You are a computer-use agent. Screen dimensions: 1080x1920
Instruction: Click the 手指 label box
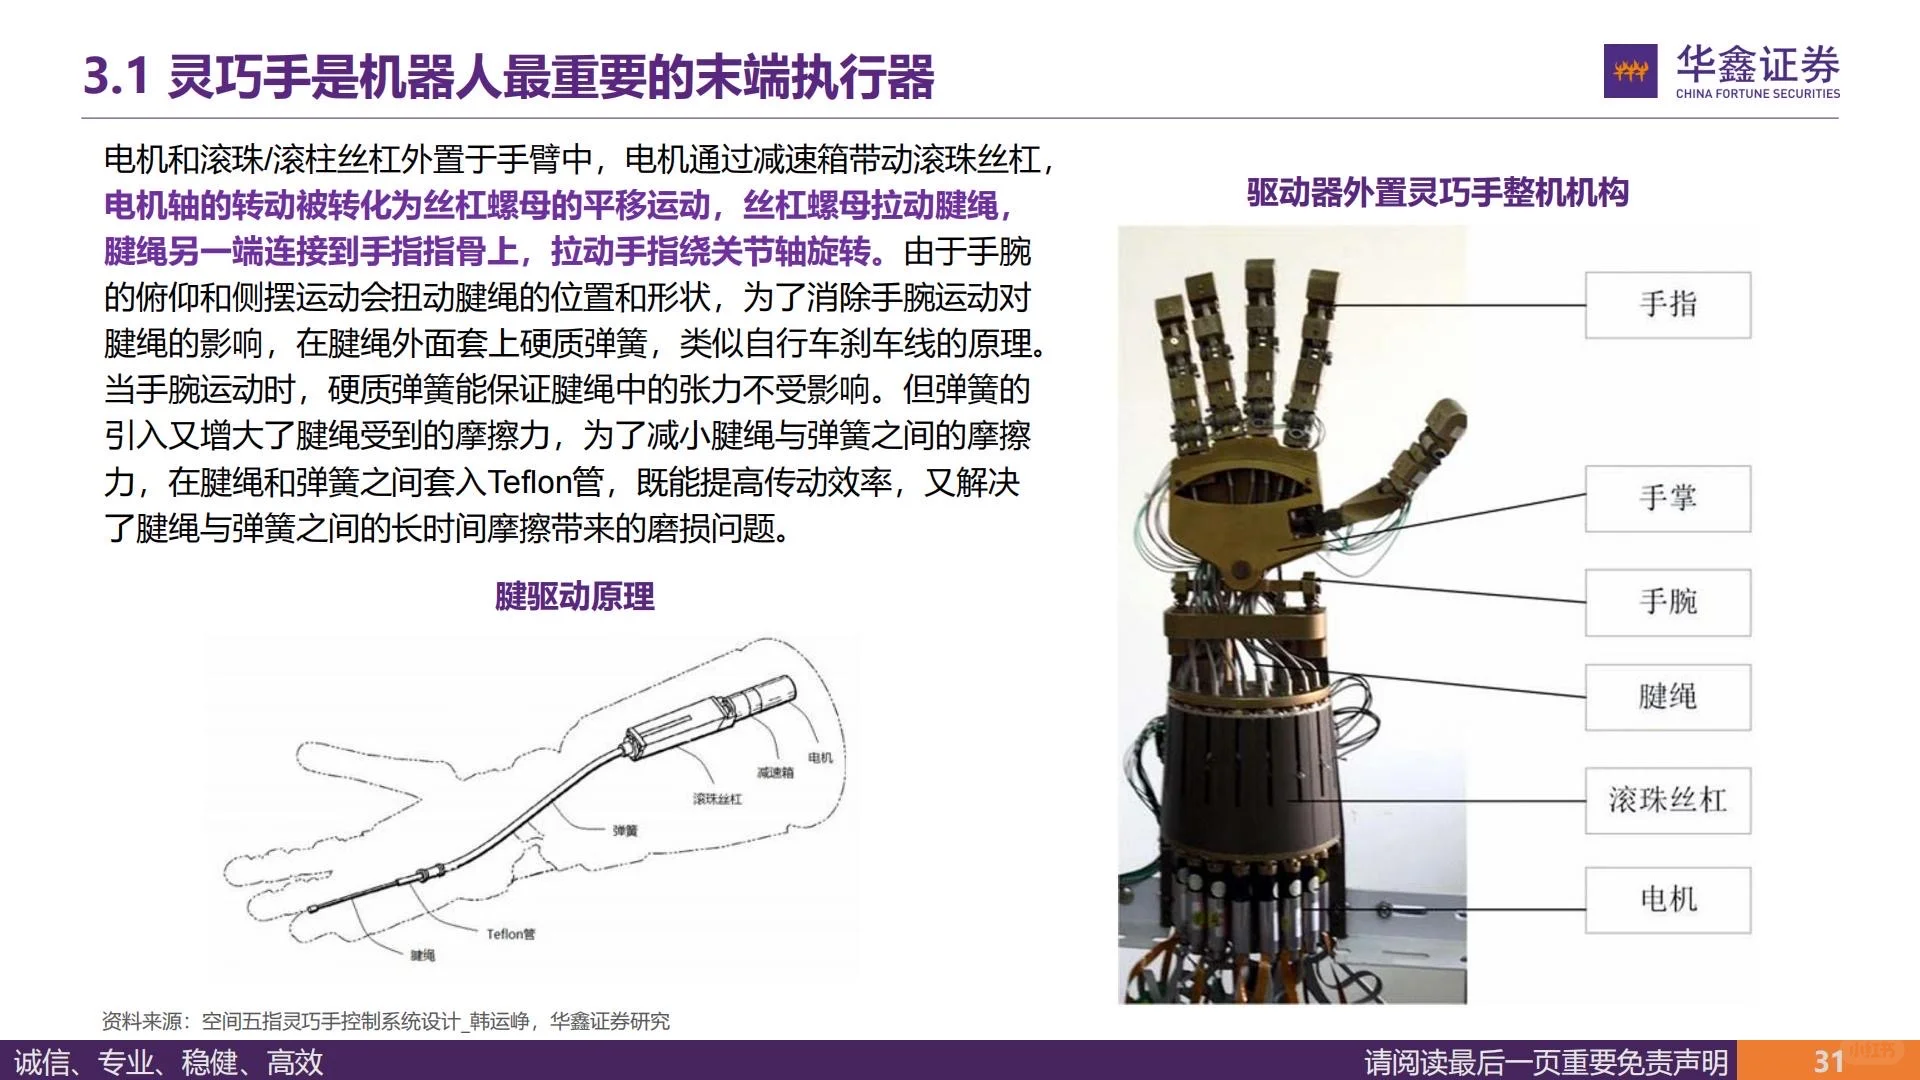tap(1667, 305)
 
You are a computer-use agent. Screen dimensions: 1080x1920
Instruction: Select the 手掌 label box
tap(1667, 498)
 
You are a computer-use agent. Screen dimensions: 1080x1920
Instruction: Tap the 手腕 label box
tap(1667, 602)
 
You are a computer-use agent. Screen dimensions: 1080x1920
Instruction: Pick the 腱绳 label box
tap(1667, 697)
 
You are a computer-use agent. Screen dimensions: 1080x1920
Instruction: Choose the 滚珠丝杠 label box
tap(1667, 800)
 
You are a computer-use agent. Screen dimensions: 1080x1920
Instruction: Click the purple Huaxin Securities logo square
tap(1630, 71)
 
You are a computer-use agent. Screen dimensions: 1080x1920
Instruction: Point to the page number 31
tap(1829, 1061)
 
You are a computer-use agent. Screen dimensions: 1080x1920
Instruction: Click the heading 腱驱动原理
tap(575, 597)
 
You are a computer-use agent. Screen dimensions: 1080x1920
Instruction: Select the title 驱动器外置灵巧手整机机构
tap(1437, 192)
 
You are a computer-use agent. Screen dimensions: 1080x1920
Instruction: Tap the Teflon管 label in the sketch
tap(510, 934)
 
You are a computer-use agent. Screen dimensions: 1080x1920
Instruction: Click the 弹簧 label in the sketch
tap(625, 831)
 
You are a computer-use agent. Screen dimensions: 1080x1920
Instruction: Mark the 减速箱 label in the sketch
tap(775, 773)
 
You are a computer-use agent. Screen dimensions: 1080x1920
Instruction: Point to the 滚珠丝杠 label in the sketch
tap(717, 799)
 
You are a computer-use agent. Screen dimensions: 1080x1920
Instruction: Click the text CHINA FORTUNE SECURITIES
tap(1757, 94)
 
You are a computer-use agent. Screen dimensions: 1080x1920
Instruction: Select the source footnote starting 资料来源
tap(386, 1021)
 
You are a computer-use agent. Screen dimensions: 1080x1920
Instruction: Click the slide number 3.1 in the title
tap(116, 77)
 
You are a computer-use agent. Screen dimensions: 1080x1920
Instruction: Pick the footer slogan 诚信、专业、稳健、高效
tap(169, 1062)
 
